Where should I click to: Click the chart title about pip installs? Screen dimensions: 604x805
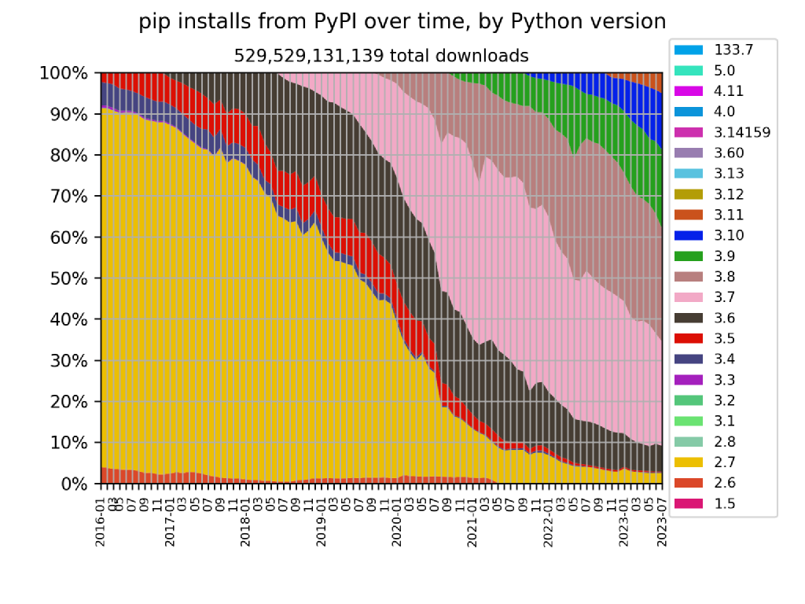402,22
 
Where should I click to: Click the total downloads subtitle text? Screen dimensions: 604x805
381,56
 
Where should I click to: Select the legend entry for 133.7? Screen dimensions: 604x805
733,50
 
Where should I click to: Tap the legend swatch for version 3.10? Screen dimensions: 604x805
688,235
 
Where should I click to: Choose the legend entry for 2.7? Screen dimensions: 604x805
724,462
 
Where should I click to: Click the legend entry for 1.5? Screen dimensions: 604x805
724,504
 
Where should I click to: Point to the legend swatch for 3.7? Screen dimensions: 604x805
688,297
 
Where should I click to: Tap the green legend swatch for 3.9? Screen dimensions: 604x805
688,256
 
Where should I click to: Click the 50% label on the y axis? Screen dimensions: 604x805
68,278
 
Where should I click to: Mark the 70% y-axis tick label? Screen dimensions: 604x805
68,197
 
